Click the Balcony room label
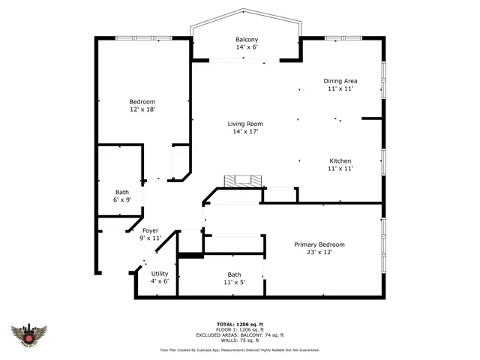point(247,40)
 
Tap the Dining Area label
point(340,81)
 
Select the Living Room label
point(245,124)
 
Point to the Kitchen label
point(340,161)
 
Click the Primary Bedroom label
point(319,244)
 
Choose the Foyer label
point(150,230)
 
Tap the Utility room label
point(160,274)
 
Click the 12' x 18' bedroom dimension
point(142,109)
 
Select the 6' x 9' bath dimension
point(122,200)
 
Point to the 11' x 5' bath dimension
point(234,283)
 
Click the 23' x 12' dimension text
point(319,252)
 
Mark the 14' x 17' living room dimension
point(245,132)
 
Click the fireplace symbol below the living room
point(244,181)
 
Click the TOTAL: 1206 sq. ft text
point(240,324)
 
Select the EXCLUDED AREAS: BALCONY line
point(240,334)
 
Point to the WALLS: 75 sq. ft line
point(240,340)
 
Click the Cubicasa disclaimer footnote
point(240,349)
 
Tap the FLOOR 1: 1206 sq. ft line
point(240,329)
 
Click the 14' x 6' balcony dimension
point(247,47)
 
